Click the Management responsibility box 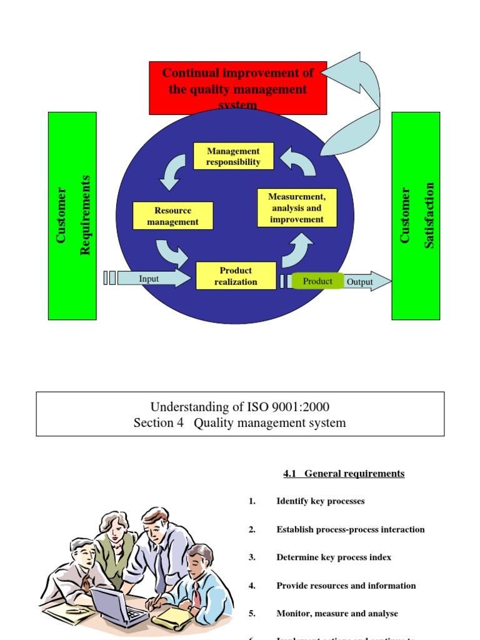[x=233, y=156]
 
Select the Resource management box [x=172, y=216]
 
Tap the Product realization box [x=236, y=276]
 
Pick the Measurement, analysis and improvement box [x=297, y=207]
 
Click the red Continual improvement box [x=237, y=87]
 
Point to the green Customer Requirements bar [x=72, y=216]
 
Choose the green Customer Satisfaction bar [x=416, y=216]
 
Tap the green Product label [x=317, y=281]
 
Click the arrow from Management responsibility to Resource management [x=172, y=171]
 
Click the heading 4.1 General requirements [x=344, y=474]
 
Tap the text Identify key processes [x=320, y=501]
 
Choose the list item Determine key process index [x=334, y=557]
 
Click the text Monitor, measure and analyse [x=337, y=614]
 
